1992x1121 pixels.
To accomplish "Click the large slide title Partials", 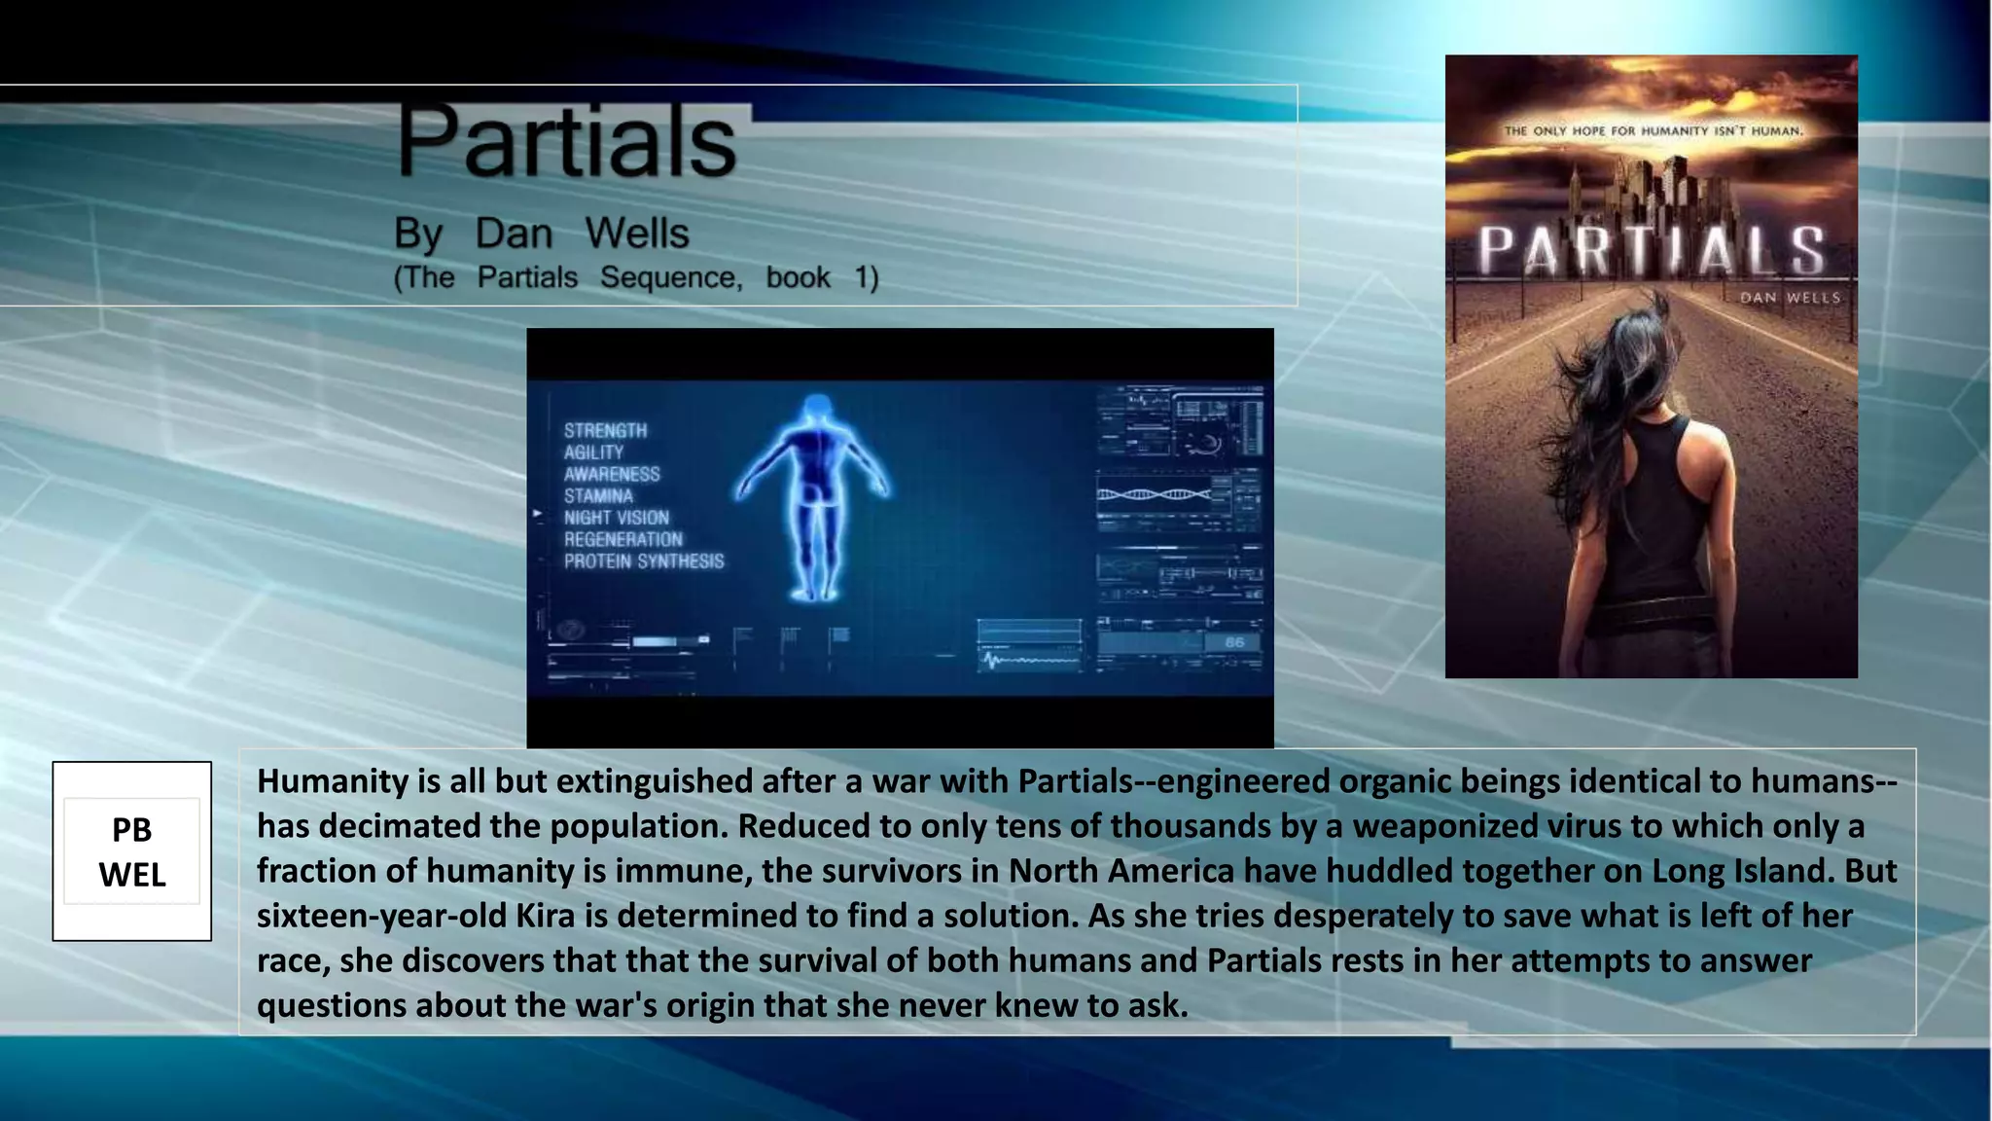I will (566, 142).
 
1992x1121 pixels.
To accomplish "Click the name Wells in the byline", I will (637, 234).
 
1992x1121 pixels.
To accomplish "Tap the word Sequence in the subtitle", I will (670, 277).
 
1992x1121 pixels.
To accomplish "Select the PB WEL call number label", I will (132, 851).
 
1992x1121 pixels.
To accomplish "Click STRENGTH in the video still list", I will (605, 430).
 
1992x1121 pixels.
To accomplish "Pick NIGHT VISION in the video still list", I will (617, 518).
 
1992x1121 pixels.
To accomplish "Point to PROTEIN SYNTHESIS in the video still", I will (644, 561).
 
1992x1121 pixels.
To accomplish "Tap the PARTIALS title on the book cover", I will (1651, 250).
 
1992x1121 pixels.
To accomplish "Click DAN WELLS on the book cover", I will (1790, 298).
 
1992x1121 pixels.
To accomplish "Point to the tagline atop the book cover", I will (1653, 130).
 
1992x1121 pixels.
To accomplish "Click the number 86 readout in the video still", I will (1234, 642).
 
